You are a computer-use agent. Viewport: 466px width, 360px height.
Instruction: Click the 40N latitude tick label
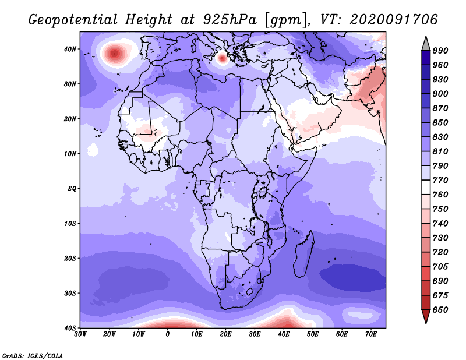pos(70,49)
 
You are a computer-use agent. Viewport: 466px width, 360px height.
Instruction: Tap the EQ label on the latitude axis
pos(72,189)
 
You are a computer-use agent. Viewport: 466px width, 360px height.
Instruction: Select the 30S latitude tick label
pos(70,294)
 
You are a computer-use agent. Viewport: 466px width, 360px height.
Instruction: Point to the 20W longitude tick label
pos(109,334)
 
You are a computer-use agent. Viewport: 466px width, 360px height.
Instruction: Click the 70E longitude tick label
pos(371,334)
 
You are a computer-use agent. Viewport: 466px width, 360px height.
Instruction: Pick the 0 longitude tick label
pos(168,334)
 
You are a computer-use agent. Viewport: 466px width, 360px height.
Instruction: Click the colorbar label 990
pos(440,51)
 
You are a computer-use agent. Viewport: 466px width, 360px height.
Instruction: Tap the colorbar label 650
pos(440,310)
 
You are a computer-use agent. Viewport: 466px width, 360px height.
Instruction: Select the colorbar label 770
pos(440,180)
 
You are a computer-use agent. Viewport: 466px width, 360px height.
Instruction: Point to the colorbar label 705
pos(440,267)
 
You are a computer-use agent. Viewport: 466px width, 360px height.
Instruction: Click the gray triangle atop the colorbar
pos(426,44)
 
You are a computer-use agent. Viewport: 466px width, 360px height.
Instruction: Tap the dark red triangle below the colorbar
pos(426,316)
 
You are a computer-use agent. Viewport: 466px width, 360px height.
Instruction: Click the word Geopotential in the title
pos(73,20)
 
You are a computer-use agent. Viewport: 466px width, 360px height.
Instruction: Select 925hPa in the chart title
pos(230,20)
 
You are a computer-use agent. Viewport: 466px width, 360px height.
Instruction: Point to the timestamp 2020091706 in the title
pos(394,20)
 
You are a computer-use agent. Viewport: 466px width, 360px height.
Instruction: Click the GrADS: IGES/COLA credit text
pos(33,355)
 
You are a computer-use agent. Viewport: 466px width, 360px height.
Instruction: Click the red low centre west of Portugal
pos(115,54)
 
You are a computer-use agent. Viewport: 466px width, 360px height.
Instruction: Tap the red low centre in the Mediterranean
pos(222,58)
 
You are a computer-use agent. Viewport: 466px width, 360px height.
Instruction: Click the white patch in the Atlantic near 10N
pos(93,150)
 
